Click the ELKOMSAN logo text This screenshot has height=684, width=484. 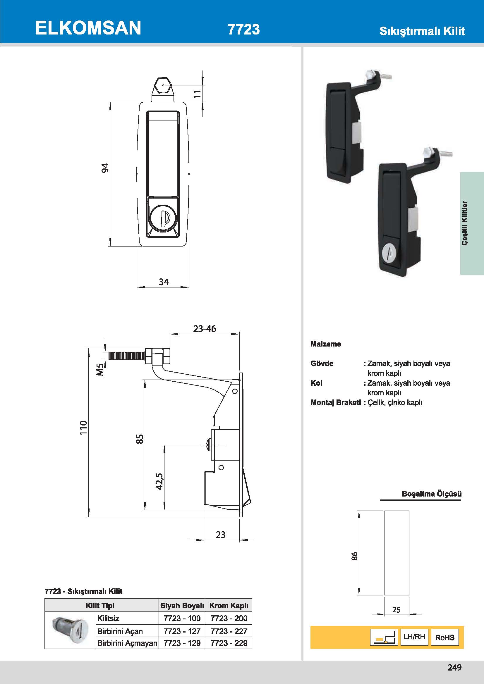88,28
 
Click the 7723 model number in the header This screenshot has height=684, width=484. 243,29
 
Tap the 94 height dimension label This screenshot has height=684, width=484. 105,168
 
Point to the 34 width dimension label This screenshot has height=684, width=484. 164,282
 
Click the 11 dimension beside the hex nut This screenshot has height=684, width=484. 197,94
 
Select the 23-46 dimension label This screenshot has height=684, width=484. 205,329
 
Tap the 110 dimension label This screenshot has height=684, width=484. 83,427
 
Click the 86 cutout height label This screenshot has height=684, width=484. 354,556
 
